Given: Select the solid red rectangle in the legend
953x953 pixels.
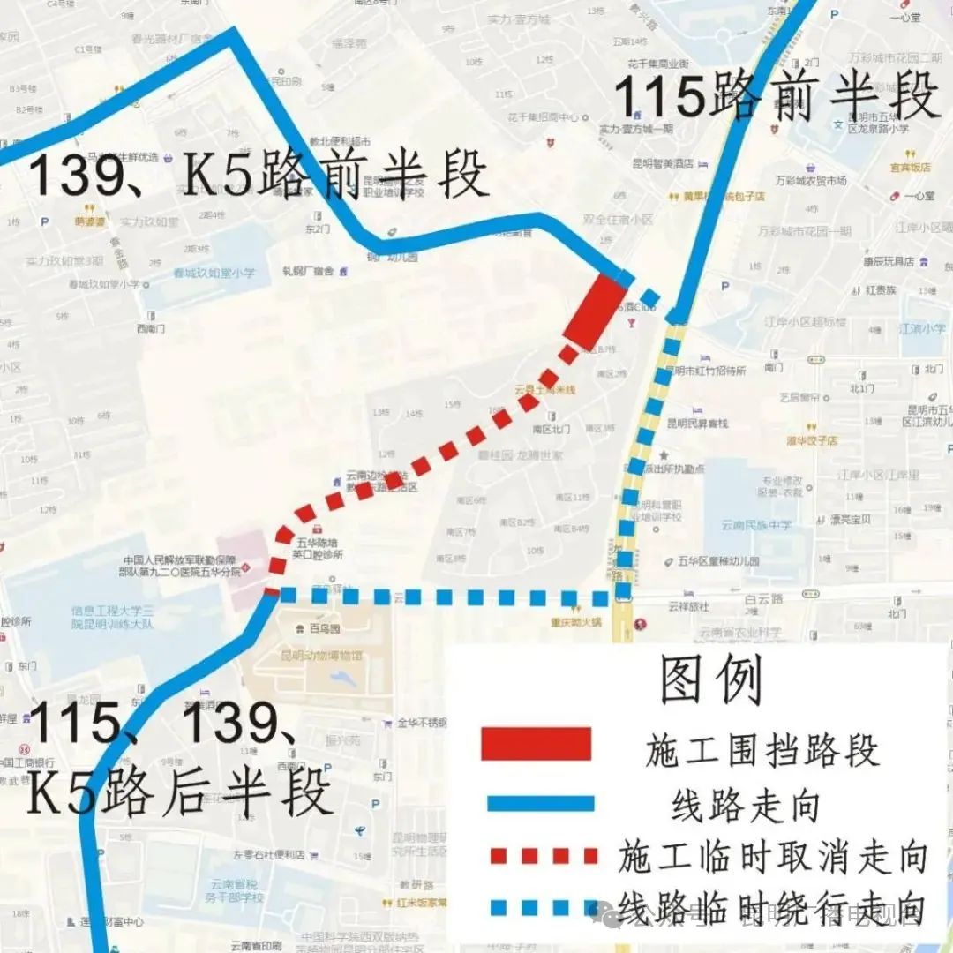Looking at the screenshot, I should pyautogui.click(x=536, y=743).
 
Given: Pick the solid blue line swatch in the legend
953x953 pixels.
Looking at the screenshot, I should pyautogui.click(x=537, y=803).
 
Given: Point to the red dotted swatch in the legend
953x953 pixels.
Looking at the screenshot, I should pyautogui.click(x=537, y=856).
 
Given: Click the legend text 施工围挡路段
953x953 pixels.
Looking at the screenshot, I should pyautogui.click(x=762, y=751).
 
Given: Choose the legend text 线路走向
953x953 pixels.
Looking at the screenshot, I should pyautogui.click(x=745, y=805).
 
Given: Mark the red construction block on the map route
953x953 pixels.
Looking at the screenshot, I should pyautogui.click(x=596, y=311).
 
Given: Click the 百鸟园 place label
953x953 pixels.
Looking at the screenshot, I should pyautogui.click(x=325, y=628).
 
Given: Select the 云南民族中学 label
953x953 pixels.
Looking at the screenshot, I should pyautogui.click(x=756, y=525).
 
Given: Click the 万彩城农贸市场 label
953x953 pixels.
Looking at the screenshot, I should pyautogui.click(x=808, y=180).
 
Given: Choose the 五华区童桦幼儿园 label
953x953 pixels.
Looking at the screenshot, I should pyautogui.click(x=718, y=560).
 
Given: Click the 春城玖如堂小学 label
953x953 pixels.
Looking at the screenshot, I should pyautogui.click(x=215, y=274).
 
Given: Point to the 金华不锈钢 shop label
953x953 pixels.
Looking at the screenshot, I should pyautogui.click(x=426, y=723).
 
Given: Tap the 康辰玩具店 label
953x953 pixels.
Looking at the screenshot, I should pyautogui.click(x=889, y=261).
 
